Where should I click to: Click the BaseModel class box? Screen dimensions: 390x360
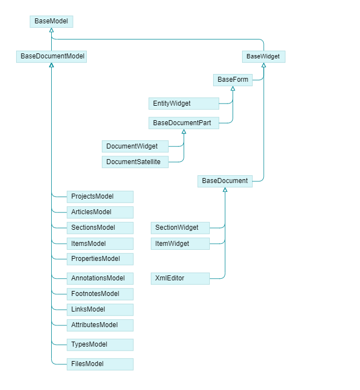(x=51, y=21)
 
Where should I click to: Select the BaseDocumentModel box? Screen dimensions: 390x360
(x=51, y=56)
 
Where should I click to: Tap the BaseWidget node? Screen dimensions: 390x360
(x=263, y=56)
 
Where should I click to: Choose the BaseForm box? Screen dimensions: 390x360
(x=233, y=80)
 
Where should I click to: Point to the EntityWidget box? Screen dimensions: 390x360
(x=184, y=103)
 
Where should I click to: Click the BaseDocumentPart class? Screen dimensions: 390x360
(x=184, y=123)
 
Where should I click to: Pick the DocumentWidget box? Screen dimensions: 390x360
(x=135, y=146)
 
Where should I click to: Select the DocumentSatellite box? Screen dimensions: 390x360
(x=135, y=162)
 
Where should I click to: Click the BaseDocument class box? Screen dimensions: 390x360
(x=225, y=181)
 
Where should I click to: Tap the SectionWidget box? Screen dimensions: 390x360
(x=180, y=228)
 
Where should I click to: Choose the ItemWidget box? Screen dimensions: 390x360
(x=180, y=244)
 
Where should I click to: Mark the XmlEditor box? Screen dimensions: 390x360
(x=180, y=278)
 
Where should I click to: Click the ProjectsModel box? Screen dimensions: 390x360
(x=100, y=196)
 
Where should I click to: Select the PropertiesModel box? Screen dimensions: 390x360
(x=100, y=259)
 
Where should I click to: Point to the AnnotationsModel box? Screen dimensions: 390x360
(x=100, y=278)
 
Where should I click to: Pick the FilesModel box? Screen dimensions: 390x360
(x=100, y=364)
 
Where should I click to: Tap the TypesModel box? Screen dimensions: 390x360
(x=100, y=344)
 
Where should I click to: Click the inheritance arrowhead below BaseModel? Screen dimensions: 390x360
(x=51, y=30)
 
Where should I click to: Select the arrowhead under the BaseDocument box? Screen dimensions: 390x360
(x=225, y=190)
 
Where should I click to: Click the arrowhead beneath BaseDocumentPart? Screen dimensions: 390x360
(x=184, y=132)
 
